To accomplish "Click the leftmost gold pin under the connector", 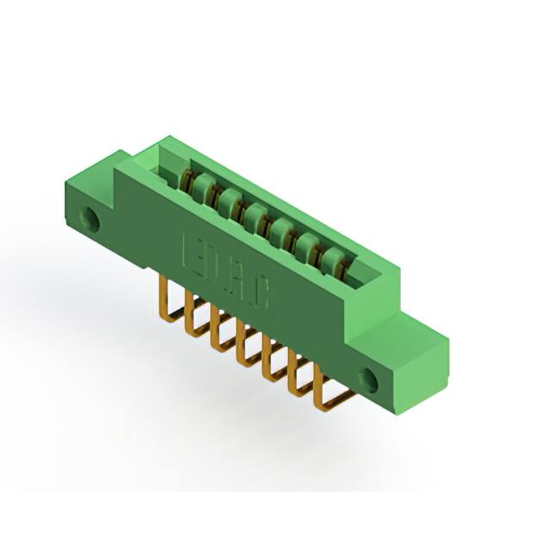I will (x=171, y=298).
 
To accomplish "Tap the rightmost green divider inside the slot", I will (x=331, y=260).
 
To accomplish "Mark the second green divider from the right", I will (x=305, y=245).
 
